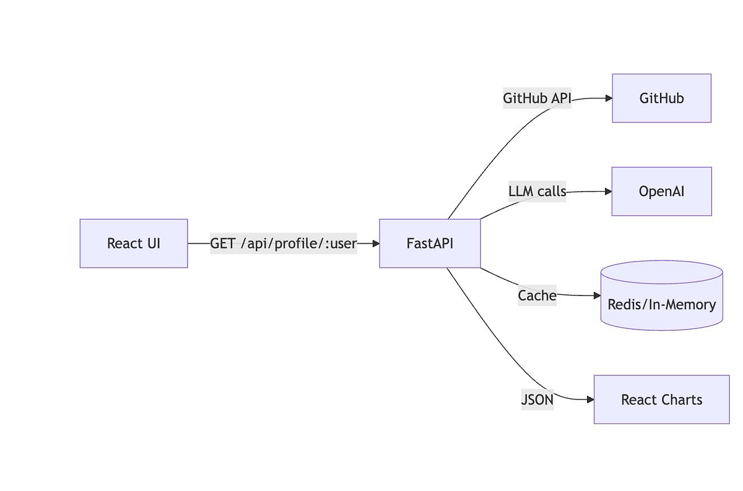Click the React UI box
pyautogui.click(x=133, y=243)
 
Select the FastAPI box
pyautogui.click(x=430, y=243)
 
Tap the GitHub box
pyautogui.click(x=661, y=98)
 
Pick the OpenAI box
pyautogui.click(x=661, y=191)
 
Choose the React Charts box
pyautogui.click(x=661, y=399)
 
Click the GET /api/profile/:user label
pyautogui.click(x=284, y=243)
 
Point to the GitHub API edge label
pyautogui.click(x=537, y=98)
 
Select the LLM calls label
pyautogui.click(x=537, y=191)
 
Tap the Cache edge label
pyautogui.click(x=537, y=296)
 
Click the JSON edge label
pyautogui.click(x=537, y=399)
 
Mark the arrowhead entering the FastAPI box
pyautogui.click(x=375, y=243)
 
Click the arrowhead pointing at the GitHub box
pyautogui.click(x=608, y=98)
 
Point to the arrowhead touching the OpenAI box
pyautogui.click(x=608, y=191)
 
